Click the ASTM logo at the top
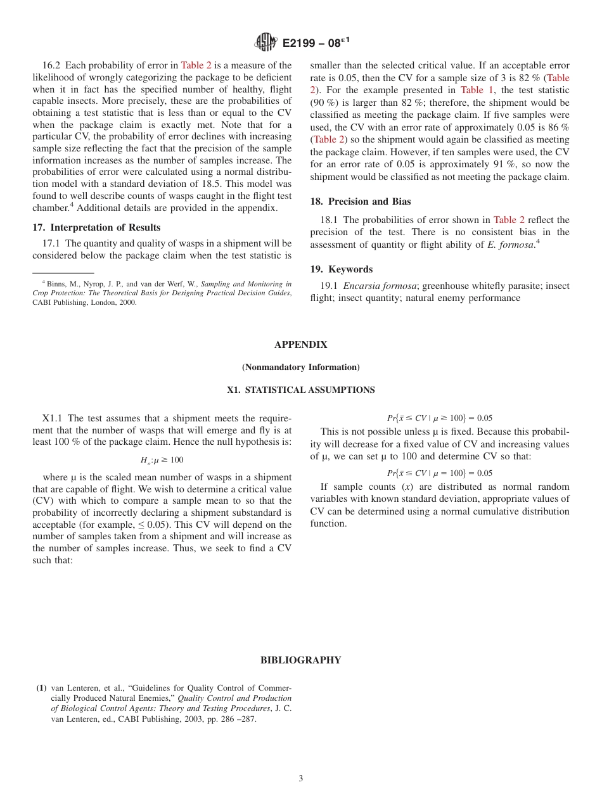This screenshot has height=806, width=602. coord(266,42)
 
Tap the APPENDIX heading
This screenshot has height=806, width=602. coord(300,345)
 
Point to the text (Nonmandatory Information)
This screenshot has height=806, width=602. coord(300,368)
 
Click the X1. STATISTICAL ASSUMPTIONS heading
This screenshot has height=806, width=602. coord(300,390)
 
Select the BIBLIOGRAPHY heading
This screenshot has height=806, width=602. coord(300,660)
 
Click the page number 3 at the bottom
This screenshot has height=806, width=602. coord(300,779)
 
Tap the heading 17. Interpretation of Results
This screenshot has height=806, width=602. coord(96,227)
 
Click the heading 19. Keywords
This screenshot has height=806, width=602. coord(341,269)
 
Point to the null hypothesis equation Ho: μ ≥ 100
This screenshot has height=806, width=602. coord(162,460)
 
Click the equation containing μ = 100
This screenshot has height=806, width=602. coord(439,473)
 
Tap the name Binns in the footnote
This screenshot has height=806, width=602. coord(56,285)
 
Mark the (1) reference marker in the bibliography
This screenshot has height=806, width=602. coord(41,688)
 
